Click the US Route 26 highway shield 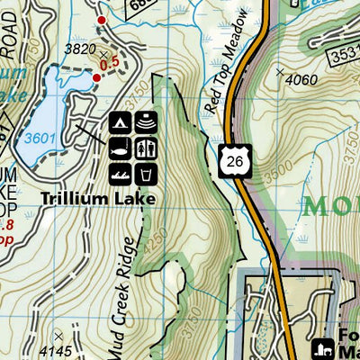[230, 158]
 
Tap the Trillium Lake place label [111, 198]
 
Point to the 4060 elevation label [302, 80]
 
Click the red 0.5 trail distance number [109, 64]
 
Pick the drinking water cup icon [147, 172]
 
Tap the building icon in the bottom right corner [322, 347]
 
